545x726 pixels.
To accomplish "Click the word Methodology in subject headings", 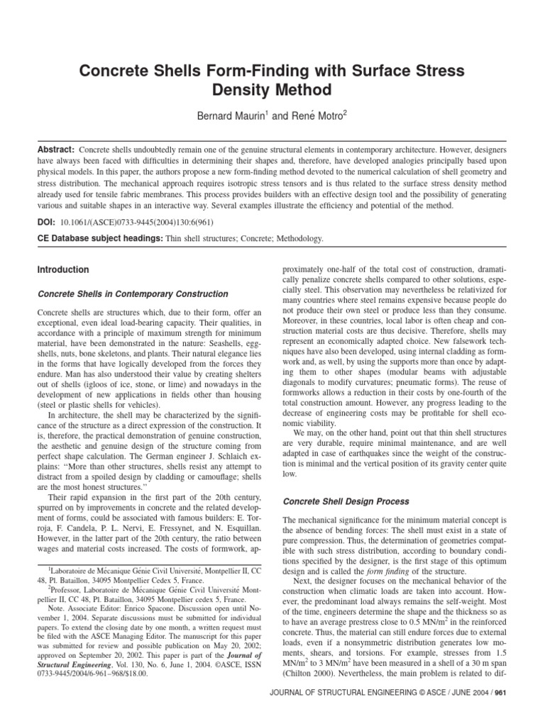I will [x=297, y=239].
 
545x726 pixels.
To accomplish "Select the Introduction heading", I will [x=62, y=270].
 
